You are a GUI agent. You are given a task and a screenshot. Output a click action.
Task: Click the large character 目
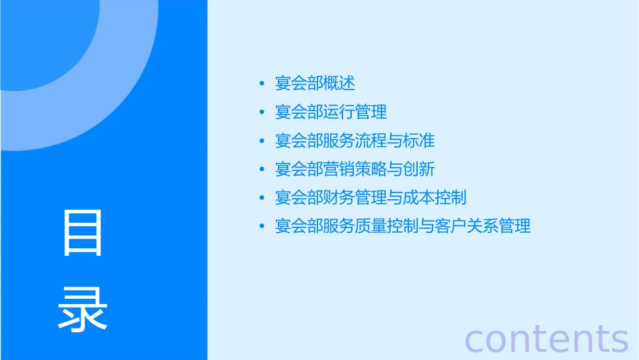pyautogui.click(x=83, y=233)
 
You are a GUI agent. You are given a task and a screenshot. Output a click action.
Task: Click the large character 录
pyautogui.click(x=83, y=309)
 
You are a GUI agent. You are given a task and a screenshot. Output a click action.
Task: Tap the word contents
pyautogui.click(x=547, y=338)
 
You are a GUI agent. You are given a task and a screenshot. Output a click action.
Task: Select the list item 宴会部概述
pyautogui.click(x=315, y=83)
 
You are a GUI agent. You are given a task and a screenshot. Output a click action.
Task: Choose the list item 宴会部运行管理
pyautogui.click(x=331, y=112)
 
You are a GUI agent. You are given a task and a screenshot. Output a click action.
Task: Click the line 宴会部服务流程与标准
pyautogui.click(x=354, y=141)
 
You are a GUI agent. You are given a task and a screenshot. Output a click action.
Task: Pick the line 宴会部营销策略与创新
pyautogui.click(x=354, y=169)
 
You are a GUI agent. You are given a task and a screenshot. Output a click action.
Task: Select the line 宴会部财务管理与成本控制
pyautogui.click(x=371, y=198)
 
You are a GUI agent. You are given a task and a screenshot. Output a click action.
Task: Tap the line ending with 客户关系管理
pyautogui.click(x=402, y=226)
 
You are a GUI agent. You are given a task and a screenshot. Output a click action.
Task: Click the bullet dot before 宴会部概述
pyautogui.click(x=262, y=83)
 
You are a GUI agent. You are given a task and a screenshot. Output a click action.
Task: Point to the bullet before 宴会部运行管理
pyautogui.click(x=262, y=112)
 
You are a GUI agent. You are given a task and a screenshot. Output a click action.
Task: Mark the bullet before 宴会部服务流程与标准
pyautogui.click(x=262, y=141)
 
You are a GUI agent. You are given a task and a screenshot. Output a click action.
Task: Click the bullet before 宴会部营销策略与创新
pyautogui.click(x=262, y=169)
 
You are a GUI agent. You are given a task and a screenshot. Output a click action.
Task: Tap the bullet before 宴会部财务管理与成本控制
pyautogui.click(x=262, y=198)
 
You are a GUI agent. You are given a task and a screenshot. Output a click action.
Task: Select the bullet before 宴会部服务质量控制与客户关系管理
pyautogui.click(x=262, y=226)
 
